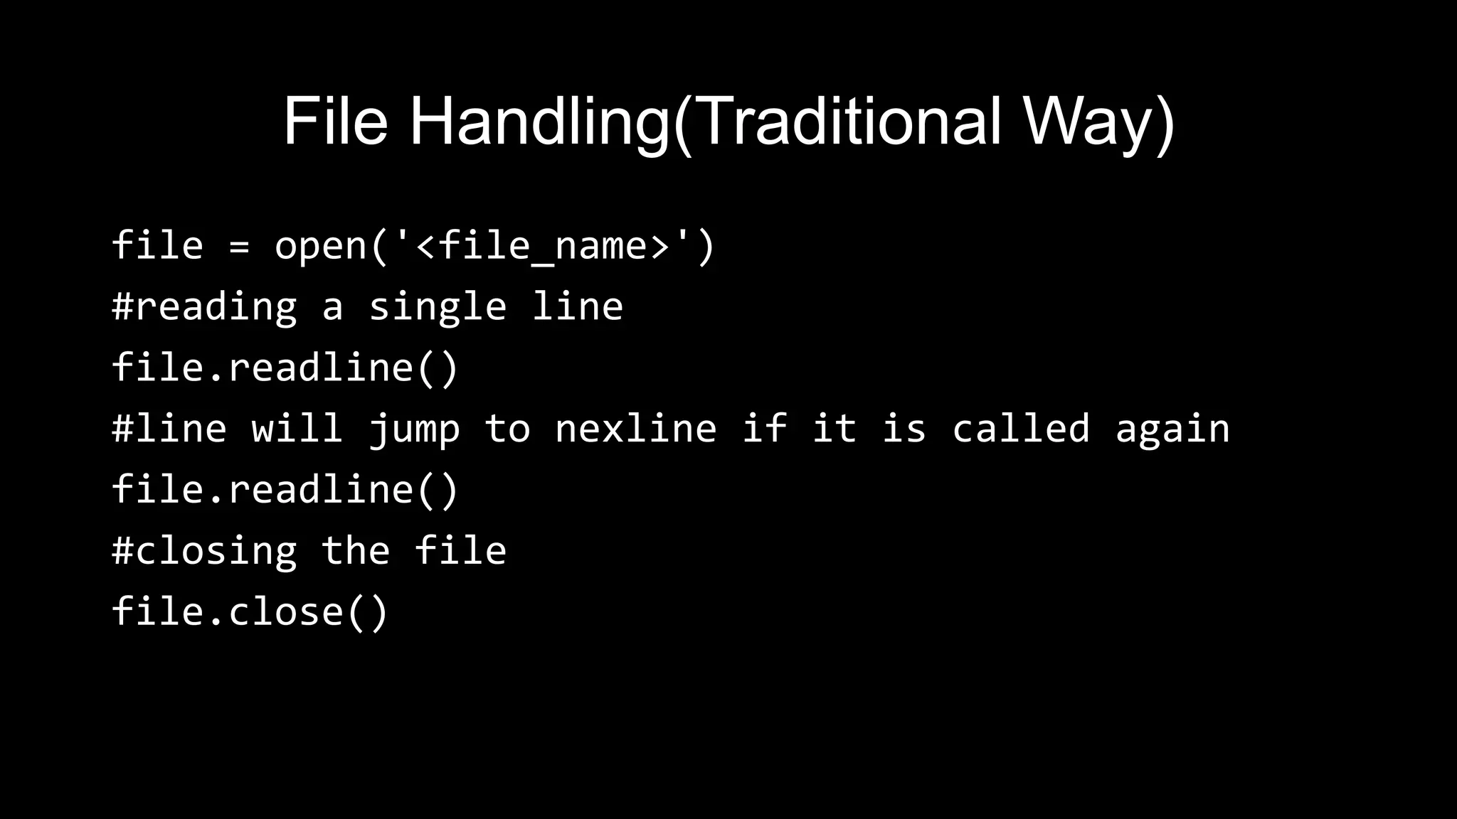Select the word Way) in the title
tap(1099, 122)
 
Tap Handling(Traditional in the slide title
tap(705, 122)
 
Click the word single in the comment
tap(437, 308)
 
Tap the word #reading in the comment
tap(204, 308)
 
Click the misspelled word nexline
tap(635, 429)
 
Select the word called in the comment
tap(1020, 429)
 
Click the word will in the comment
tap(297, 429)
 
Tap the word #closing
tap(204, 552)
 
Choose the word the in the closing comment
tap(356, 551)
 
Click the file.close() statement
tap(250, 612)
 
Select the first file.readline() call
tap(285, 368)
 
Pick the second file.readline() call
tap(285, 490)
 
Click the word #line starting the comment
tap(169, 429)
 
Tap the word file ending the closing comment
tap(460, 551)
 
